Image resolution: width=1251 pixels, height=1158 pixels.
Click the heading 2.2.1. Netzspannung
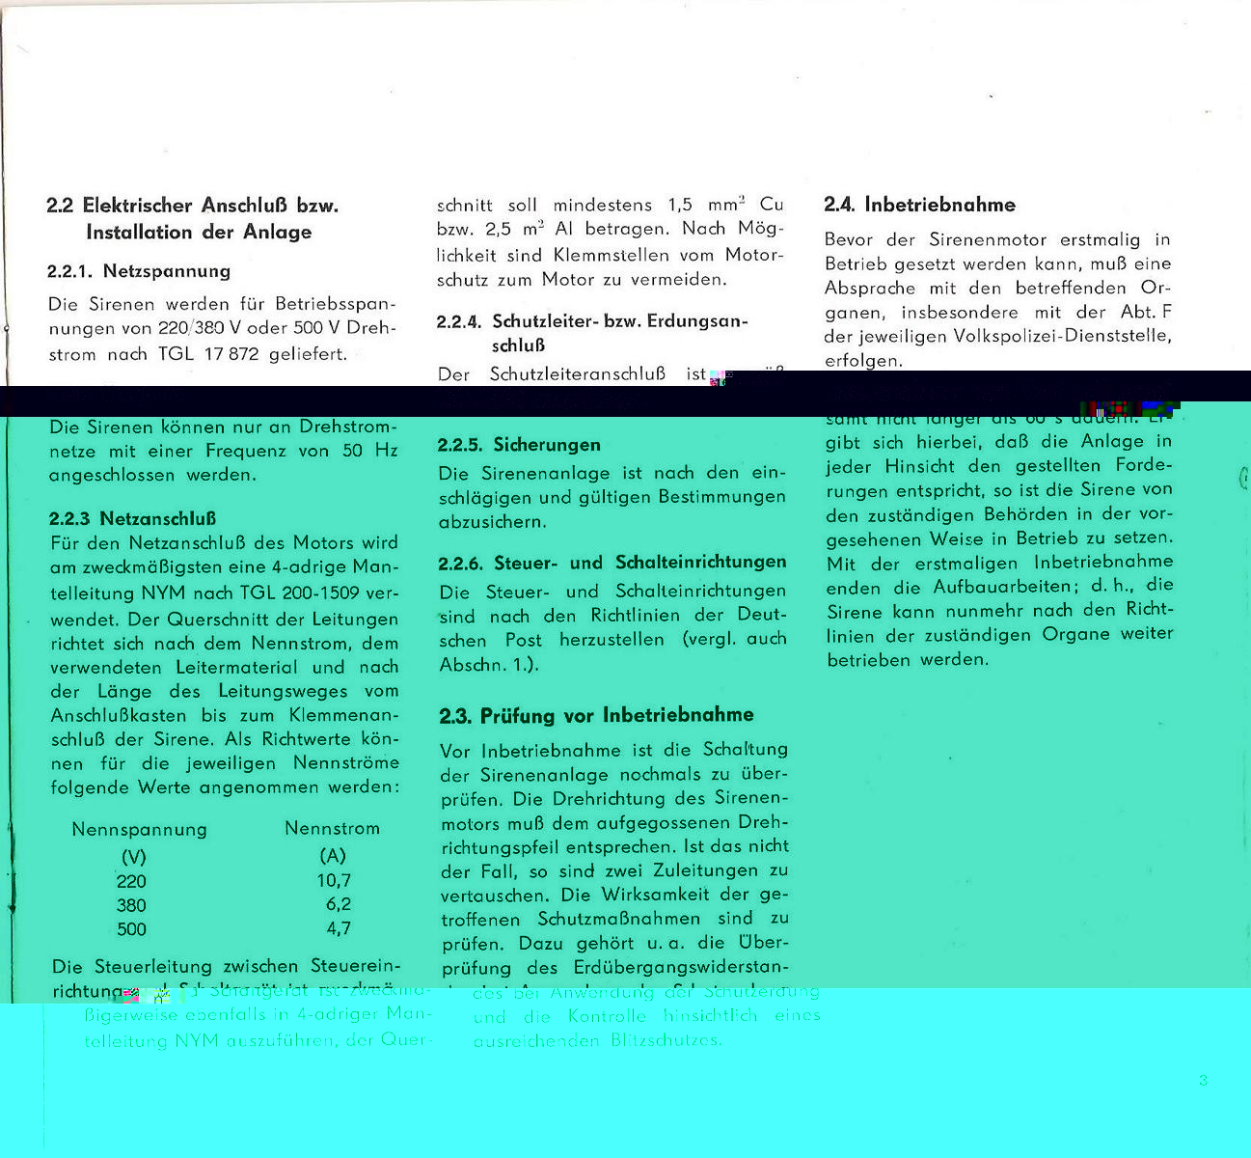(139, 271)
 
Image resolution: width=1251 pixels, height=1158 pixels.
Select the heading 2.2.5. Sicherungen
(519, 445)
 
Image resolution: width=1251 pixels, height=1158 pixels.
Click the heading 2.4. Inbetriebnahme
(920, 205)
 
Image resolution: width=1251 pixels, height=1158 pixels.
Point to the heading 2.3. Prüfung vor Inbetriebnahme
(597, 716)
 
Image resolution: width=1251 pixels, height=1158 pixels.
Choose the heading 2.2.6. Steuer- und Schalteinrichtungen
(612, 563)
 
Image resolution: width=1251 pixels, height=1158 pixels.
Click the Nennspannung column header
(139, 830)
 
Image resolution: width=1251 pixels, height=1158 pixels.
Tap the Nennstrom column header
(332, 829)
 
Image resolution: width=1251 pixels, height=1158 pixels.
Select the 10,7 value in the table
(334, 881)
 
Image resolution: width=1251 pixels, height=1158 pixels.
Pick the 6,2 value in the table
(338, 905)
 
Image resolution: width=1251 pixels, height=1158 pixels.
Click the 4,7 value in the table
(338, 929)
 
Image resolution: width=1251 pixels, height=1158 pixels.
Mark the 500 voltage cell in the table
(131, 930)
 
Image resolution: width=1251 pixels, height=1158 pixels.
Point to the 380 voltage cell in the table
(131, 906)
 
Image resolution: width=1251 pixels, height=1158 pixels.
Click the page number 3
(1203, 1081)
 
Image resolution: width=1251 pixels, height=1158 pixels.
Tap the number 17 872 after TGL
(231, 354)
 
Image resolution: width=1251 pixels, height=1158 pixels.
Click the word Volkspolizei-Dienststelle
(1062, 337)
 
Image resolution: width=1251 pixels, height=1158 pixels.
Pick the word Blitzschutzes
(666, 1041)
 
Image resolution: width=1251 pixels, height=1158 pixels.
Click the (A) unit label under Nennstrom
(333, 856)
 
